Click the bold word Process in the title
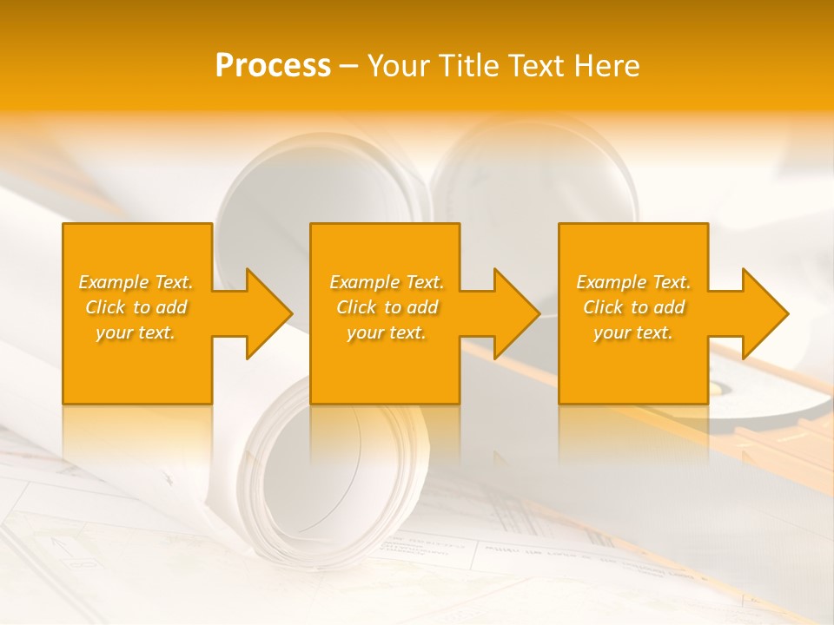pos(273,66)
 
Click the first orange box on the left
pos(137,365)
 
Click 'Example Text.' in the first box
pos(136,282)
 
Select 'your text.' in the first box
pos(136,332)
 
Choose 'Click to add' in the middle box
pos(387,307)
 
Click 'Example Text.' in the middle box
pos(387,282)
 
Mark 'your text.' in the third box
pos(633,332)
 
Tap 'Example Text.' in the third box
pos(633,282)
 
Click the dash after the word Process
pos(348,67)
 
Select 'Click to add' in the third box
pos(633,307)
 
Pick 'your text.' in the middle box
pos(387,332)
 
